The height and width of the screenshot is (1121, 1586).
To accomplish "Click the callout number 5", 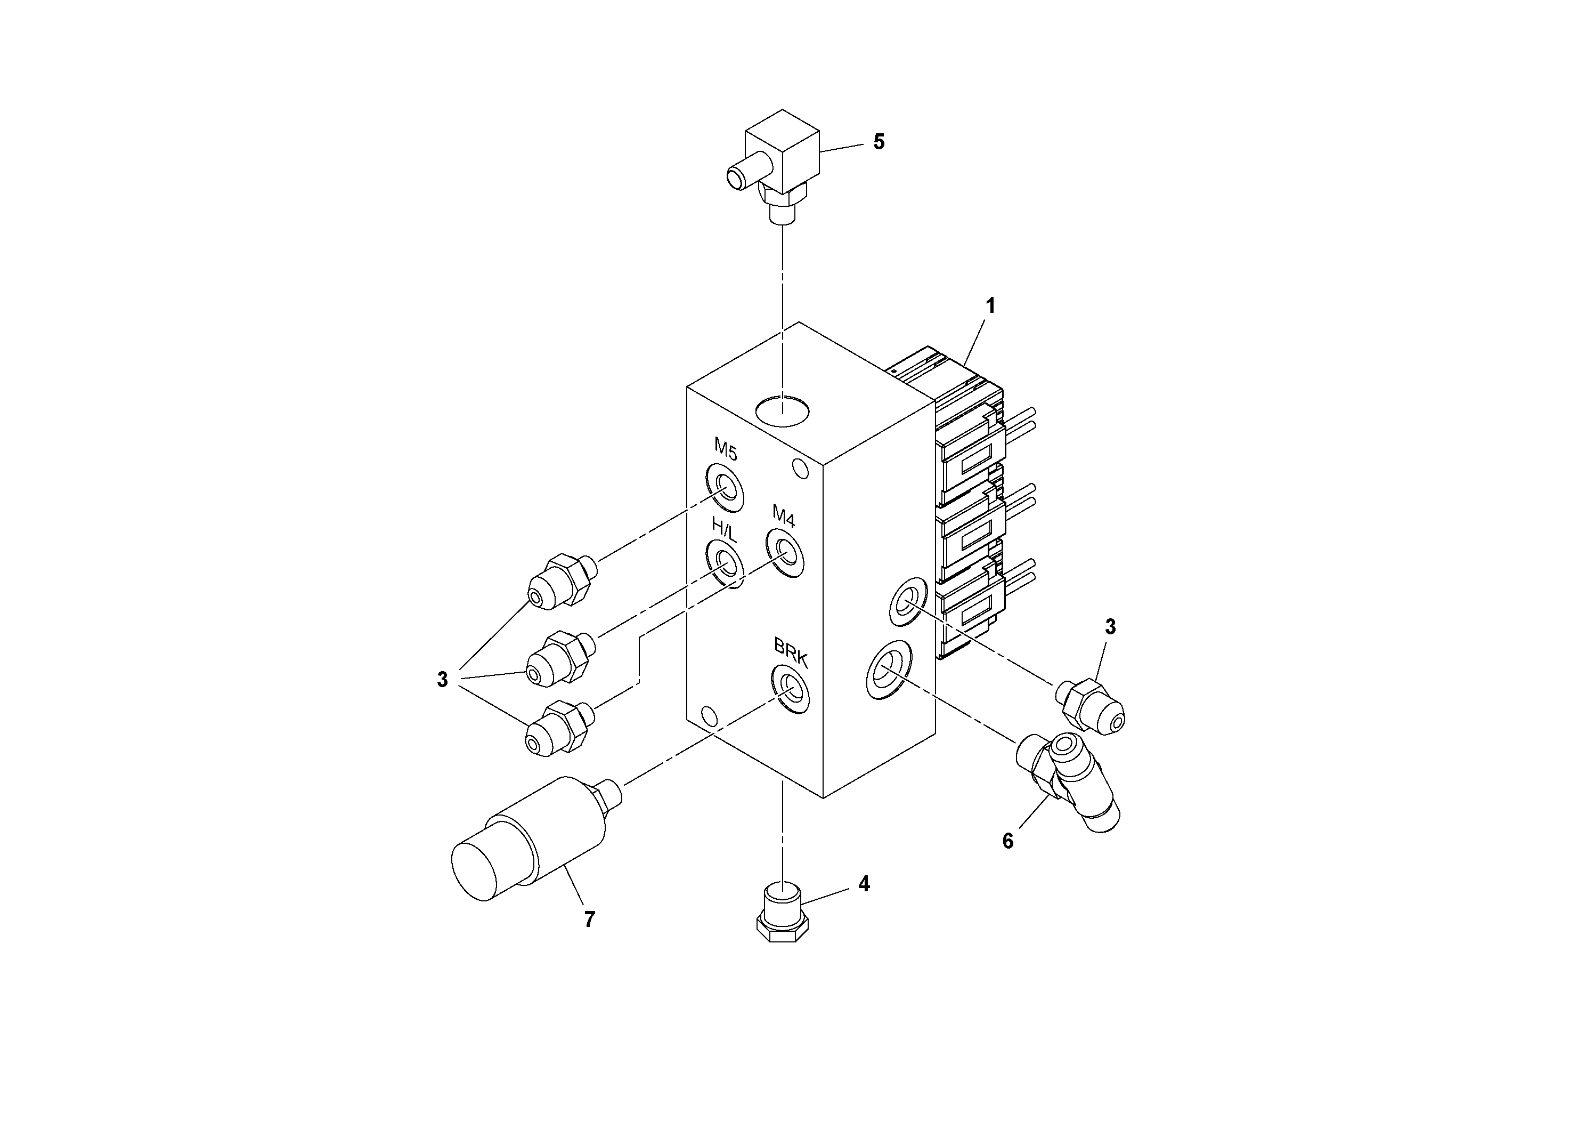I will (879, 142).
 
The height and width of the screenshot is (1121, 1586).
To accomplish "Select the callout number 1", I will (990, 305).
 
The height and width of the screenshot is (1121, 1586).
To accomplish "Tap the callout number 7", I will (589, 919).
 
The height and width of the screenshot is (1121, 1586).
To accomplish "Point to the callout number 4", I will (864, 884).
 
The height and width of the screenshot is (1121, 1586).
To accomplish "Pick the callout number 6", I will (1008, 841).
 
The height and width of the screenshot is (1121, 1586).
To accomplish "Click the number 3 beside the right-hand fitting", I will (1110, 627).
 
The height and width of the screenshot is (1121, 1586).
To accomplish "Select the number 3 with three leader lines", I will (442, 680).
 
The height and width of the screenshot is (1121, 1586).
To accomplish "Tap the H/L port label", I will (725, 530).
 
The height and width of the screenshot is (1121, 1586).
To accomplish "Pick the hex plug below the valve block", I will (782, 911).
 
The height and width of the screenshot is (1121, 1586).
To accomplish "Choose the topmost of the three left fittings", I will (561, 580).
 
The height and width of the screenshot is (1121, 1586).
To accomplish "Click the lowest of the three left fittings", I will (559, 728).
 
